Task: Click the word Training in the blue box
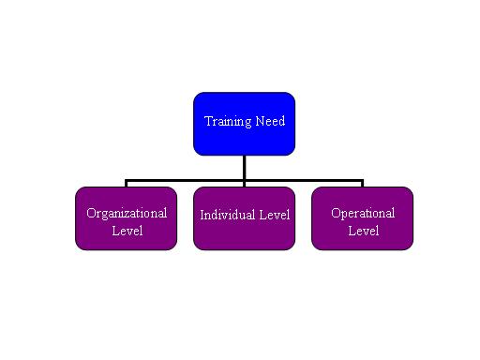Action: pyautogui.click(x=228, y=121)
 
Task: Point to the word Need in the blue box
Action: pyautogui.click(x=270, y=121)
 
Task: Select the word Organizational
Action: pyautogui.click(x=127, y=213)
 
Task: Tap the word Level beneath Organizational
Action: pyautogui.click(x=127, y=230)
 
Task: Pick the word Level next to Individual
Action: pyautogui.click(x=274, y=215)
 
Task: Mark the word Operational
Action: pyautogui.click(x=363, y=213)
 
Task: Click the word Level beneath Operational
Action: pyautogui.click(x=363, y=230)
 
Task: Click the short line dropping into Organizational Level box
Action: pyautogui.click(x=126, y=184)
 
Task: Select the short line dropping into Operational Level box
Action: pyautogui.click(x=362, y=184)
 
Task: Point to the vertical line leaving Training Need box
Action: pyautogui.click(x=244, y=166)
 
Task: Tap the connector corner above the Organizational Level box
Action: pyautogui.click(x=126, y=180)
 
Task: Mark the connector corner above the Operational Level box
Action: pyautogui.click(x=362, y=180)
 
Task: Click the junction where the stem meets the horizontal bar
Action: pyautogui.click(x=244, y=180)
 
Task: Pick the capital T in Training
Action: pyautogui.click(x=208, y=121)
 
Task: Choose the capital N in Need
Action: pyautogui.click(x=260, y=121)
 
